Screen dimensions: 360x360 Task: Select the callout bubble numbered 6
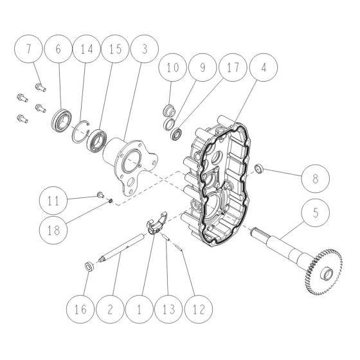tap(59, 49)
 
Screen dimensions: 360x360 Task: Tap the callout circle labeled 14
tap(87, 49)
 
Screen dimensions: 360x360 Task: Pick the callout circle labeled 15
tap(115, 49)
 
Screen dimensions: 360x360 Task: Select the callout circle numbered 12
tap(196, 309)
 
